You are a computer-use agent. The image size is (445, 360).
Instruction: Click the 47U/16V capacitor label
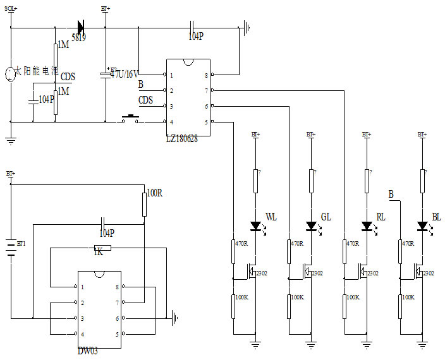[125, 74]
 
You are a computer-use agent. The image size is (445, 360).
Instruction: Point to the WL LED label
[271, 217]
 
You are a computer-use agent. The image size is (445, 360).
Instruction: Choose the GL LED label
[326, 217]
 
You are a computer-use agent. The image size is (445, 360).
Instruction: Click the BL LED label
[436, 217]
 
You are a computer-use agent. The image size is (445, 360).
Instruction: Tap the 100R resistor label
[155, 193]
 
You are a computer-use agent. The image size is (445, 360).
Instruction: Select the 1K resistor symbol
[102, 249]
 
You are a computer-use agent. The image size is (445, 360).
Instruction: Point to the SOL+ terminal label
[11, 9]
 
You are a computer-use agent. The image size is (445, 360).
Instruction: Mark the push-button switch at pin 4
[131, 119]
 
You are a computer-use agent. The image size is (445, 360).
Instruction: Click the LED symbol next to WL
[256, 225]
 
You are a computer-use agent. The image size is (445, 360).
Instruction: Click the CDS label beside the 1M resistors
[68, 77]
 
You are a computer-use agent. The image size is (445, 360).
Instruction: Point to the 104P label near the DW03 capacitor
[106, 233]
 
